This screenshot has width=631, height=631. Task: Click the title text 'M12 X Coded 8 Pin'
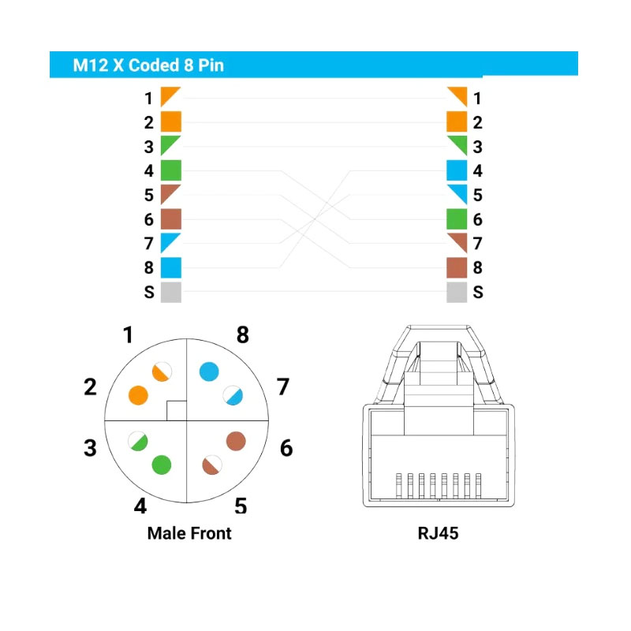tap(148, 65)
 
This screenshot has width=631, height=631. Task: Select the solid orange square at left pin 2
tap(171, 121)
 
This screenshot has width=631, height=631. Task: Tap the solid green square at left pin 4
tap(171, 170)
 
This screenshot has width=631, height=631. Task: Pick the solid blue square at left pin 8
tap(171, 267)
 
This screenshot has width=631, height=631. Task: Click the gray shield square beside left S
tap(171, 292)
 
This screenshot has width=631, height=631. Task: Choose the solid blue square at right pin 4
tap(457, 170)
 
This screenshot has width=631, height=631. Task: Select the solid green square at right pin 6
tap(457, 219)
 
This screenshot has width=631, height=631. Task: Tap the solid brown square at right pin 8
tap(457, 267)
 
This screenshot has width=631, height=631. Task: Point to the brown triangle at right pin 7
tap(461, 240)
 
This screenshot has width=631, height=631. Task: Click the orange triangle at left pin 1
tap(167, 94)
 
